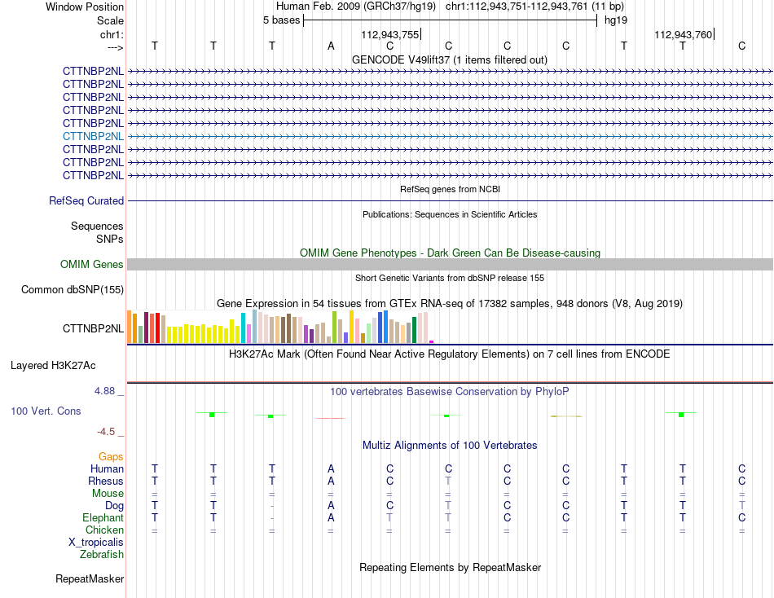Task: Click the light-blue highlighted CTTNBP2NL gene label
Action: tap(94, 136)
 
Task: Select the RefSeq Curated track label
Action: tap(86, 201)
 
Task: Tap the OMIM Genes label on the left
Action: tap(92, 264)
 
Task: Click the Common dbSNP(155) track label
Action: tap(73, 289)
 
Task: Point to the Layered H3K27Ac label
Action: tap(53, 366)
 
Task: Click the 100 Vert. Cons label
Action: tap(46, 411)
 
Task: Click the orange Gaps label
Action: tap(111, 457)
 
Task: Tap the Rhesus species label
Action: tap(106, 481)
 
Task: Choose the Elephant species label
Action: tap(103, 517)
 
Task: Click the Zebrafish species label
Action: tap(102, 555)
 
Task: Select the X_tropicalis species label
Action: tap(96, 543)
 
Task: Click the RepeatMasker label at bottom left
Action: tap(90, 578)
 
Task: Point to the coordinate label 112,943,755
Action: tap(390, 34)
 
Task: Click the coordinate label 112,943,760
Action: tap(684, 34)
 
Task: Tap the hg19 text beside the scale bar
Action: tap(616, 20)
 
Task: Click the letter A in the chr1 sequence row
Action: tap(331, 46)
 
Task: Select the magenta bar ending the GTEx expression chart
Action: tap(432, 341)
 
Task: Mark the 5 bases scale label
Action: tap(281, 20)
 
